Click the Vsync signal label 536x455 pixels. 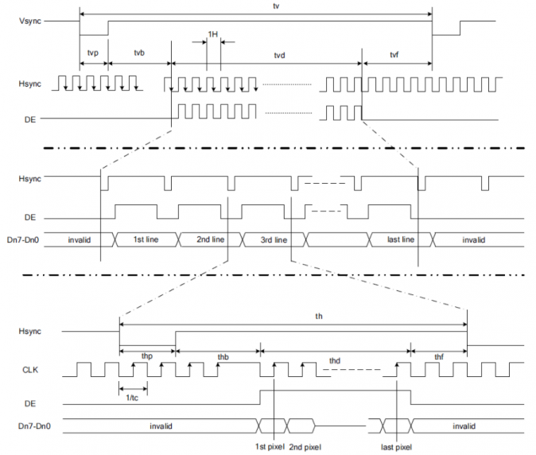pyautogui.click(x=30, y=21)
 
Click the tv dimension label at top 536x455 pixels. pyautogui.click(x=276, y=6)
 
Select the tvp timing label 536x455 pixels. pyautogui.click(x=93, y=53)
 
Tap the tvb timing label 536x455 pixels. pyautogui.click(x=139, y=53)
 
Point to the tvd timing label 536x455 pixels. pyautogui.click(x=279, y=56)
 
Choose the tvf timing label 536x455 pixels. pyautogui.click(x=394, y=55)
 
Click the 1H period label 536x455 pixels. pyautogui.click(x=212, y=34)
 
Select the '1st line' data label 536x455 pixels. pyautogui.click(x=146, y=239)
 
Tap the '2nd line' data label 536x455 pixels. pyautogui.click(x=211, y=239)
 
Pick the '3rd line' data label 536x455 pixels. pyautogui.click(x=274, y=240)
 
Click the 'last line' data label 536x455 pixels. pyautogui.click(x=401, y=239)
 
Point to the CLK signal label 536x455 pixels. pyautogui.click(x=30, y=370)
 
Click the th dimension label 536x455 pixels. pyautogui.click(x=319, y=317)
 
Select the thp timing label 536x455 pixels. pyautogui.click(x=147, y=356)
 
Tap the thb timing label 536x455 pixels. pyautogui.click(x=223, y=357)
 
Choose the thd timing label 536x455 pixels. pyautogui.click(x=335, y=361)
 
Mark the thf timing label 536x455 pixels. pyautogui.click(x=439, y=357)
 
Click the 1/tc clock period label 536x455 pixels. pyautogui.click(x=132, y=398)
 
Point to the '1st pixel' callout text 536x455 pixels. pyautogui.click(x=270, y=447)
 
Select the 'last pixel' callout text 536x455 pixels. pyautogui.click(x=397, y=447)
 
